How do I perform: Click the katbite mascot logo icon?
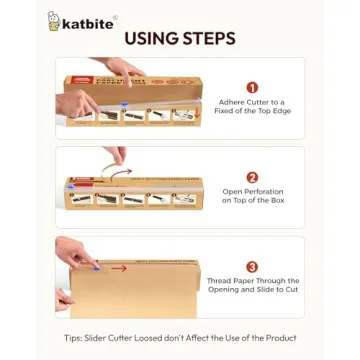click(x=54, y=21)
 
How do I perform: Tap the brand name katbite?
click(x=87, y=22)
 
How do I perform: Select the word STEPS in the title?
click(x=210, y=39)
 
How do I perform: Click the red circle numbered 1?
click(x=251, y=88)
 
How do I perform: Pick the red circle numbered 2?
click(x=251, y=176)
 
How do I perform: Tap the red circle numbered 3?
click(x=251, y=267)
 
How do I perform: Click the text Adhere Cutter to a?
click(x=252, y=103)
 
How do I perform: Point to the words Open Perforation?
click(x=252, y=192)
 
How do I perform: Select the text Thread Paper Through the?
click(x=252, y=282)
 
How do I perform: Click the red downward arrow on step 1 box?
click(x=196, y=107)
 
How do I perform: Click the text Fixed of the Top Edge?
click(x=252, y=112)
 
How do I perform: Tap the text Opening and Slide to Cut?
click(x=252, y=291)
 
